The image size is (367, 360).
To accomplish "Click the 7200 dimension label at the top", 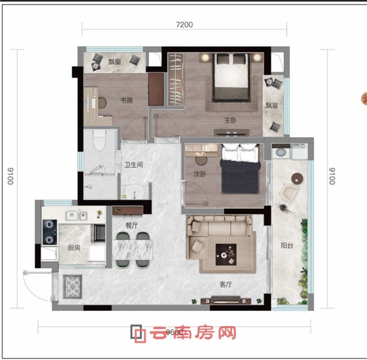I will tap(184, 24).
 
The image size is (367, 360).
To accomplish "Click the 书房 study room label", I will tap(126, 100).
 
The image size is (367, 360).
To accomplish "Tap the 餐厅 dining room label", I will tap(132, 224).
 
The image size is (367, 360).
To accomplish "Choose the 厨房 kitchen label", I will tap(73, 248).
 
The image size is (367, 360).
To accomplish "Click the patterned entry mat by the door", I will tap(72, 286).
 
